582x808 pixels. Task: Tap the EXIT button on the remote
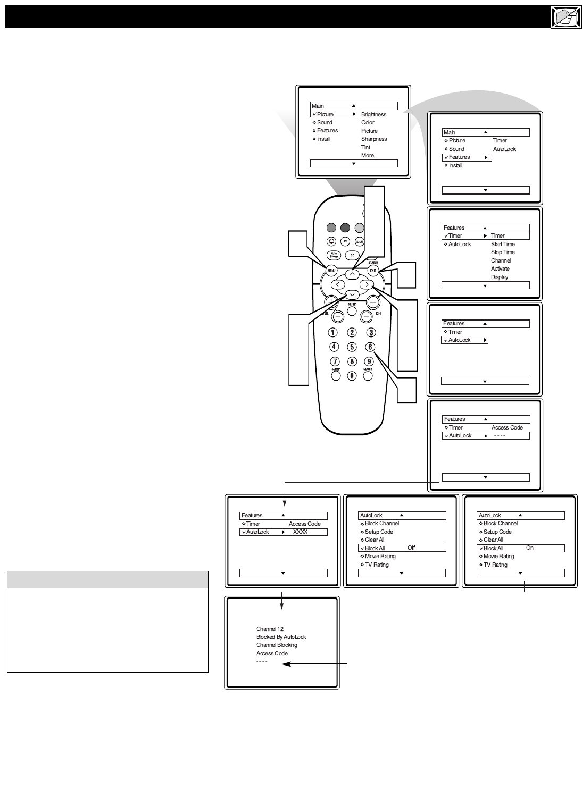click(373, 271)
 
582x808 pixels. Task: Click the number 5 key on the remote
click(352, 347)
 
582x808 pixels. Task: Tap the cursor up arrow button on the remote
click(352, 274)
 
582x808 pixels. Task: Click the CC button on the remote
click(352, 255)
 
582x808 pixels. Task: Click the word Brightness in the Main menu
click(373, 114)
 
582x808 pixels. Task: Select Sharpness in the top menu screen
click(373, 139)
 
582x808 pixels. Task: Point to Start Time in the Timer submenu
click(502, 245)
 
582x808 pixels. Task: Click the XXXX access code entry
click(300, 532)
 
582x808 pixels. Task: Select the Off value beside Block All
click(411, 548)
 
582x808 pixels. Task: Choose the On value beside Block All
click(529, 548)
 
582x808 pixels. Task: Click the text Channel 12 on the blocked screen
click(270, 629)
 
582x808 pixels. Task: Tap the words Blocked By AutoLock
click(281, 637)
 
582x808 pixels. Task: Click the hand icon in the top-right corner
click(566, 18)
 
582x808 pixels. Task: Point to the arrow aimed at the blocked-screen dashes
click(315, 664)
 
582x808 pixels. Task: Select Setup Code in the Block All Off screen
click(379, 532)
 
